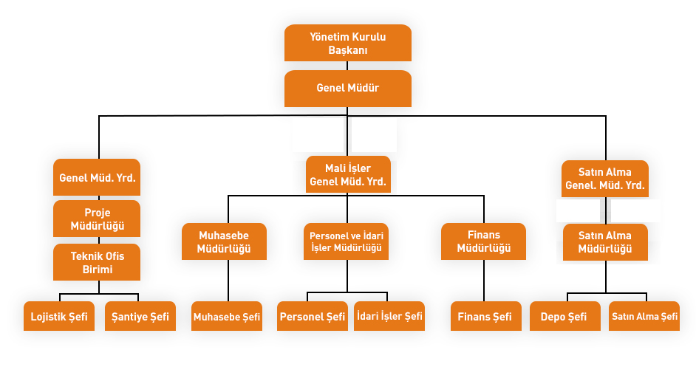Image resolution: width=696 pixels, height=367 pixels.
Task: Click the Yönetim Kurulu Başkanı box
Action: click(348, 43)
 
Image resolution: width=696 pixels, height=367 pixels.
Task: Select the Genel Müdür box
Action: click(348, 88)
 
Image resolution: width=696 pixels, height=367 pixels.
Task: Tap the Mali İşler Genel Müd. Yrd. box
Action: click(348, 174)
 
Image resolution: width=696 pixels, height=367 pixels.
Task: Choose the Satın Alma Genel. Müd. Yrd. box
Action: click(605, 179)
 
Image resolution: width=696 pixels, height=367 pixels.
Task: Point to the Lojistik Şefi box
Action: click(59, 316)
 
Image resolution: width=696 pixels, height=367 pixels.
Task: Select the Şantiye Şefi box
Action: click(140, 316)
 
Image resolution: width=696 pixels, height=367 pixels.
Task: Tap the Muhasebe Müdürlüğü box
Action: click(224, 241)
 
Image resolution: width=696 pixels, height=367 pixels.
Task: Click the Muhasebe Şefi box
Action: click(227, 316)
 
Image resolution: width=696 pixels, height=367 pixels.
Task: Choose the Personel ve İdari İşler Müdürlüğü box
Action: click(347, 241)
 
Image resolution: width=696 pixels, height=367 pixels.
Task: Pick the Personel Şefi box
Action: click(313, 316)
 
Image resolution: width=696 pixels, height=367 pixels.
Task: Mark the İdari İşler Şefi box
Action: click(389, 316)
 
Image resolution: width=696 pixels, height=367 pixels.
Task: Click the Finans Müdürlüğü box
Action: click(484, 241)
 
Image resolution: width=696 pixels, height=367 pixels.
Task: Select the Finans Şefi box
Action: click(485, 316)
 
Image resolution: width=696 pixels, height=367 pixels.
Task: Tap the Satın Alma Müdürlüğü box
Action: click(605, 242)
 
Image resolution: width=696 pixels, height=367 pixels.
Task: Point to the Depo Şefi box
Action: click(565, 316)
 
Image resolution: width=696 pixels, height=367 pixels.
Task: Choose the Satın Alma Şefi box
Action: click(644, 316)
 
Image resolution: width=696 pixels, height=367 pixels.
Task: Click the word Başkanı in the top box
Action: click(348, 50)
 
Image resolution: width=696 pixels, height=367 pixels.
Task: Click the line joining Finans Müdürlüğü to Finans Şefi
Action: click(485, 281)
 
